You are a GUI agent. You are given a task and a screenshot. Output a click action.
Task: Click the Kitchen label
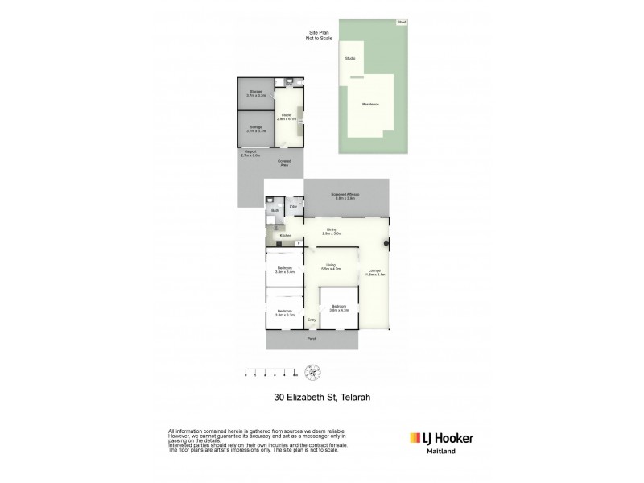[x=285, y=235]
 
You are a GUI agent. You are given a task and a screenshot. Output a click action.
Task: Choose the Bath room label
[x=275, y=211]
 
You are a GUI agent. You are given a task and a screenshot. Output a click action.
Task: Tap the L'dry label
[x=294, y=208]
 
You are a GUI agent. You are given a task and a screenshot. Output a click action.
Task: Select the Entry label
[x=311, y=320]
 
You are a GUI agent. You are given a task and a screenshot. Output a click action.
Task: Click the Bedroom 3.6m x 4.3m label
[x=340, y=308]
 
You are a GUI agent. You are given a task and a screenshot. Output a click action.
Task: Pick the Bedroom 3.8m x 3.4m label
[x=285, y=270]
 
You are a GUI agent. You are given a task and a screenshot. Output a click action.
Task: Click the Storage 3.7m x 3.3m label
[x=256, y=93]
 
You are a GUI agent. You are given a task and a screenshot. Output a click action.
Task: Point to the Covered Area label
[x=284, y=163]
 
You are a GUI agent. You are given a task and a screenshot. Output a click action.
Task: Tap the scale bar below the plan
[x=270, y=374]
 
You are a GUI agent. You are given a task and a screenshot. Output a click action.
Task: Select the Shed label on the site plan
[x=401, y=23]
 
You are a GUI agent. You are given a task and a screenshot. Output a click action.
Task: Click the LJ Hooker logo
[x=442, y=439]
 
